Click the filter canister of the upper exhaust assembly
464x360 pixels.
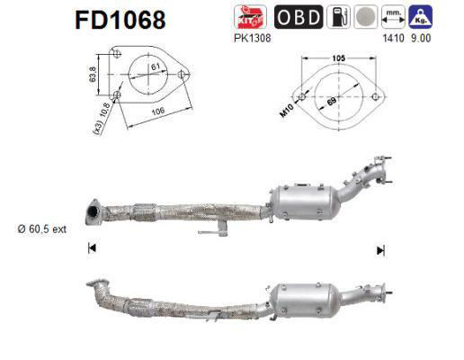click(x=308, y=202)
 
